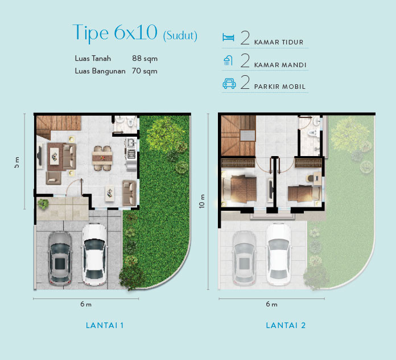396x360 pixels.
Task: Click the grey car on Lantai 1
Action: pos(59,257)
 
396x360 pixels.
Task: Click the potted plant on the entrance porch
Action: pos(42,204)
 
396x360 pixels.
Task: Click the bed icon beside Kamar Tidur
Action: pos(228,38)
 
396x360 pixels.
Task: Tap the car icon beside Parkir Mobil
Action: pos(229,84)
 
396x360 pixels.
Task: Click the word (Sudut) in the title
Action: pos(180,36)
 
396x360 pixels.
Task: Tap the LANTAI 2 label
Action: pos(286,325)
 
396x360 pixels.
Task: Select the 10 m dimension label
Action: pos(203,201)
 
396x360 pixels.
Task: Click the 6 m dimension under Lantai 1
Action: pos(86,304)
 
